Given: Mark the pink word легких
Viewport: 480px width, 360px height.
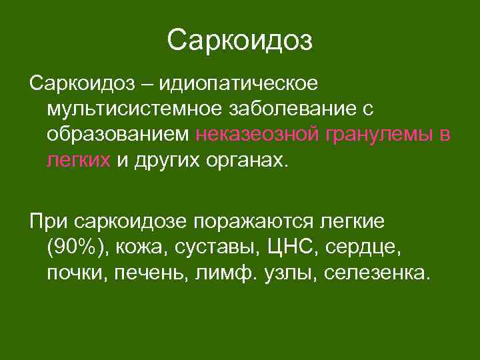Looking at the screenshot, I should coord(78,161).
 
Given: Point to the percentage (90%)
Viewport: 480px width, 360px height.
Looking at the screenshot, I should coord(77,247).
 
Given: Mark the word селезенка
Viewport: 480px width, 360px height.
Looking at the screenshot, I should coord(373,272).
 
